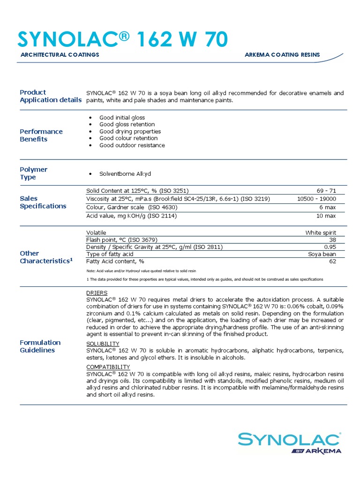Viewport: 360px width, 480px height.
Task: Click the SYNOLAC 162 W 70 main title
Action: (x=123, y=39)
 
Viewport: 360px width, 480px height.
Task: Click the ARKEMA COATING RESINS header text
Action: (x=282, y=55)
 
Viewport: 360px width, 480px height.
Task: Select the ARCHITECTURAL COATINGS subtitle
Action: (x=60, y=55)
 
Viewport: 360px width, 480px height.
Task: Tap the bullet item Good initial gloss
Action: (x=122, y=118)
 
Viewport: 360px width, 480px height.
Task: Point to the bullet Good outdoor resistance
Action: (x=132, y=145)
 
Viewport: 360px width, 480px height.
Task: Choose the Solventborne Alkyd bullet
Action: (x=125, y=174)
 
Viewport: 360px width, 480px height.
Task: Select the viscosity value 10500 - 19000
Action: (x=316, y=199)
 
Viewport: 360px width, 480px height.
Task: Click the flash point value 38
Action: (x=332, y=240)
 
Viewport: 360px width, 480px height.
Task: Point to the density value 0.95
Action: (x=330, y=247)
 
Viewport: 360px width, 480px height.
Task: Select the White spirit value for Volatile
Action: (x=321, y=232)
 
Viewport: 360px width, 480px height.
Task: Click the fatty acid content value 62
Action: (x=332, y=262)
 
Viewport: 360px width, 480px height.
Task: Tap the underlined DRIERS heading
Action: (x=97, y=293)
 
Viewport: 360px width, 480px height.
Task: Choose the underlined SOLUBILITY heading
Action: (x=103, y=344)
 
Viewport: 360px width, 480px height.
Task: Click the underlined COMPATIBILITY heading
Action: (x=108, y=367)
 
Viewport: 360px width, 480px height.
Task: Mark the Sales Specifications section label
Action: (x=43, y=202)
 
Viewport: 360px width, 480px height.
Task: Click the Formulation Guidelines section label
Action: (x=40, y=346)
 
